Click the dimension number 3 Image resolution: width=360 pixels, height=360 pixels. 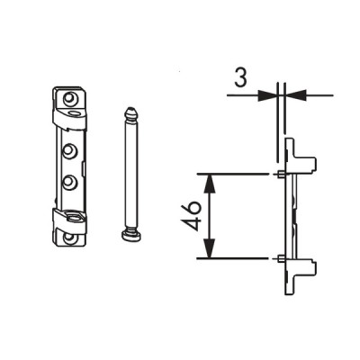[240, 78]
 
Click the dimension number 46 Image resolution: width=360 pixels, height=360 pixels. [191, 216]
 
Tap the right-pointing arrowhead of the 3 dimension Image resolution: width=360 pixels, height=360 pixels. [267, 95]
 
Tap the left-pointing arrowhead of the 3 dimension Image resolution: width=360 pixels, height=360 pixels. [295, 95]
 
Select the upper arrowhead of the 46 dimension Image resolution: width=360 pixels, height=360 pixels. [210, 183]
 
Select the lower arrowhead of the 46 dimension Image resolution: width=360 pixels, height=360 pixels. [210, 248]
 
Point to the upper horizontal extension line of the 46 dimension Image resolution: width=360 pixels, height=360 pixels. [232, 174]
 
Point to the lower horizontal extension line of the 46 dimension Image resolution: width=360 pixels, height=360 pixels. [232, 258]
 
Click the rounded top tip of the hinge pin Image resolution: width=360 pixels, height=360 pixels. [130, 112]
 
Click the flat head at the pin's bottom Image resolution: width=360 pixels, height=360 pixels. [130, 237]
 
